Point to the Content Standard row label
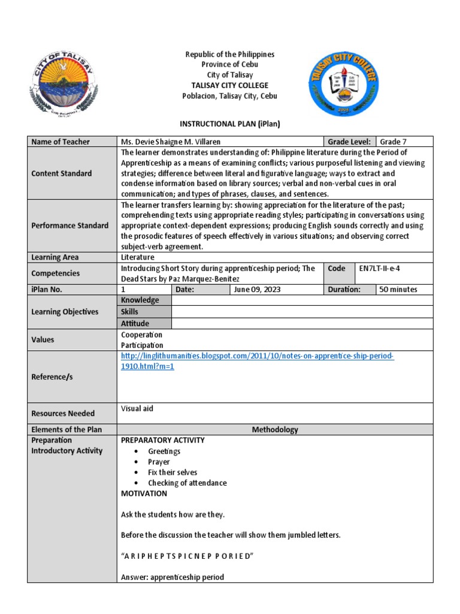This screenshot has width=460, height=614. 62,173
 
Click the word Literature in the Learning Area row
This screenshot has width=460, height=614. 137,257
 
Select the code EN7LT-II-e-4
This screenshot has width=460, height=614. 379,269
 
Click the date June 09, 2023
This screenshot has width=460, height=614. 258,289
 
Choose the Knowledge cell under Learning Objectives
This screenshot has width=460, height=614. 140,300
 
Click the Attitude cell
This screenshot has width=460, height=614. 135,323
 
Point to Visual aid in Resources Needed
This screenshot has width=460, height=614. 137,408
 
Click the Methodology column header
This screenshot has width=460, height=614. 275,429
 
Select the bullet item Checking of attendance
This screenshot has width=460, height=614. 187,483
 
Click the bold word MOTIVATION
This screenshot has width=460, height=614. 144,493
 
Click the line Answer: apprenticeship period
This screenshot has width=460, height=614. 172,577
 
